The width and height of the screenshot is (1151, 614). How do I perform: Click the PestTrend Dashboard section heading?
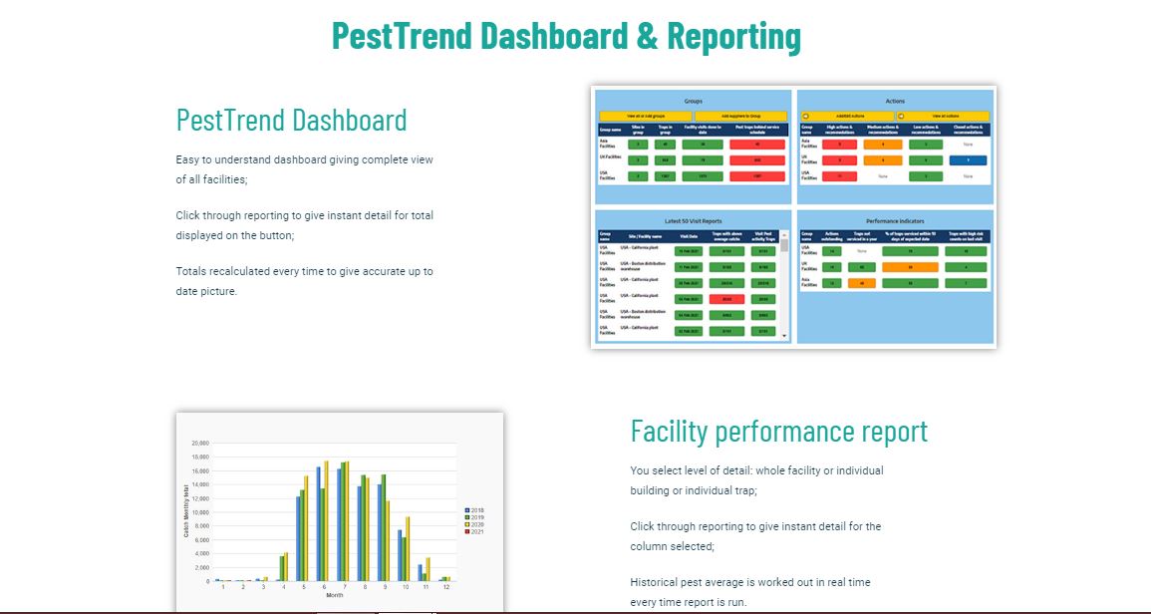pos(291,121)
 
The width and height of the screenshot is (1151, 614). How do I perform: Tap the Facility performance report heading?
pos(778,431)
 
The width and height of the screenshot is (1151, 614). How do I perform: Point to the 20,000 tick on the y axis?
pos(199,444)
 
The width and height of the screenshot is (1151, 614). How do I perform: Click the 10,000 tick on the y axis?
pos(199,512)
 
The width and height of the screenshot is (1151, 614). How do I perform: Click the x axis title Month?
pos(335,596)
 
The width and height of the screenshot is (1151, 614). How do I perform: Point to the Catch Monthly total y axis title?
pos(185,511)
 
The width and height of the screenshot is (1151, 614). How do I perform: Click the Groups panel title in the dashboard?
pos(693,102)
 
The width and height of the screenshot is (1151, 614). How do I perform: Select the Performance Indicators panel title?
pos(895,219)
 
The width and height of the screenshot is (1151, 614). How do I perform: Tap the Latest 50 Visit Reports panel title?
pos(693,219)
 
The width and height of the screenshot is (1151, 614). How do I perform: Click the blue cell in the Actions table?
pos(968,159)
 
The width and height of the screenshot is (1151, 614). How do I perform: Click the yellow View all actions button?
pos(945,116)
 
